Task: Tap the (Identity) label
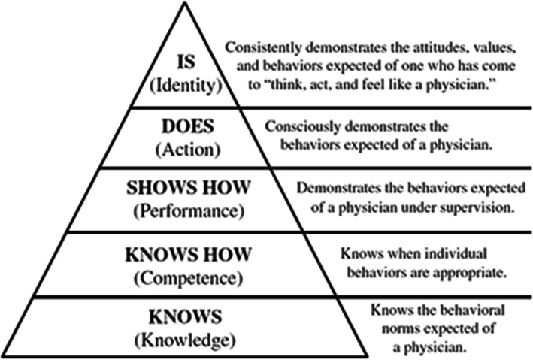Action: pyautogui.click(x=185, y=84)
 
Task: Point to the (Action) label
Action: pyautogui.click(x=185, y=150)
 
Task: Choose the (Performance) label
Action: pyautogui.click(x=185, y=210)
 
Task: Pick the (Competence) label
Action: pyautogui.click(x=185, y=279)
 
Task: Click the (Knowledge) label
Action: pyautogui.click(x=185, y=340)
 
